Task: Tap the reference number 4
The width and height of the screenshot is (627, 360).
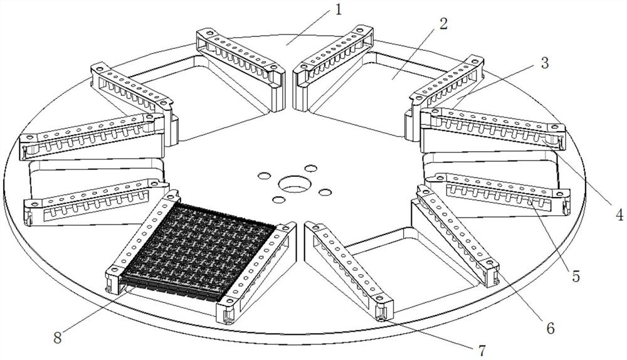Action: [x=619, y=215]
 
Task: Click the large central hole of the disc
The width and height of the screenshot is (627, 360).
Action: [x=291, y=184]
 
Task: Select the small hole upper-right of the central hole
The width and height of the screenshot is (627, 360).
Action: [x=310, y=169]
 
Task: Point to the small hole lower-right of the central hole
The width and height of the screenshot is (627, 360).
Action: [x=324, y=192]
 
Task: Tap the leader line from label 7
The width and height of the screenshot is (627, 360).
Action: [x=433, y=332]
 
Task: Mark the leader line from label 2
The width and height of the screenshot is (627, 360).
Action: [x=417, y=53]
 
